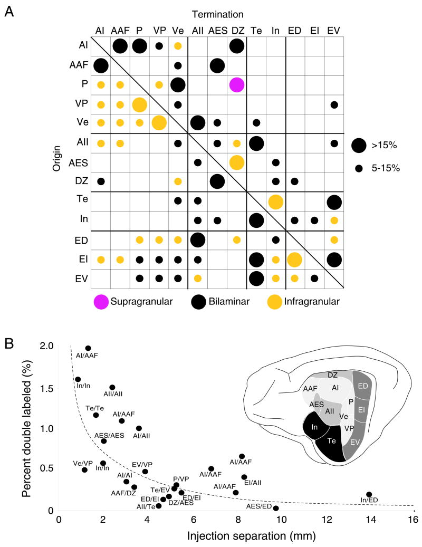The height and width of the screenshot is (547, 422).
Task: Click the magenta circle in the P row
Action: pos(236,84)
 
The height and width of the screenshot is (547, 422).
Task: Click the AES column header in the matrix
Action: pos(217,30)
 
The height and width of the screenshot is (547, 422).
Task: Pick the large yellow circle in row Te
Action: pos(275,201)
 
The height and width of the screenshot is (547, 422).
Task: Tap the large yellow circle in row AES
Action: pos(236,162)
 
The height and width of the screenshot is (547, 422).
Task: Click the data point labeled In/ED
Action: pos(369,494)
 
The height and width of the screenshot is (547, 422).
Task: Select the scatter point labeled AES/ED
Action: pos(276,508)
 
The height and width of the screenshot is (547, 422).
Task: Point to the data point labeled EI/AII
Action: pos(244,477)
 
